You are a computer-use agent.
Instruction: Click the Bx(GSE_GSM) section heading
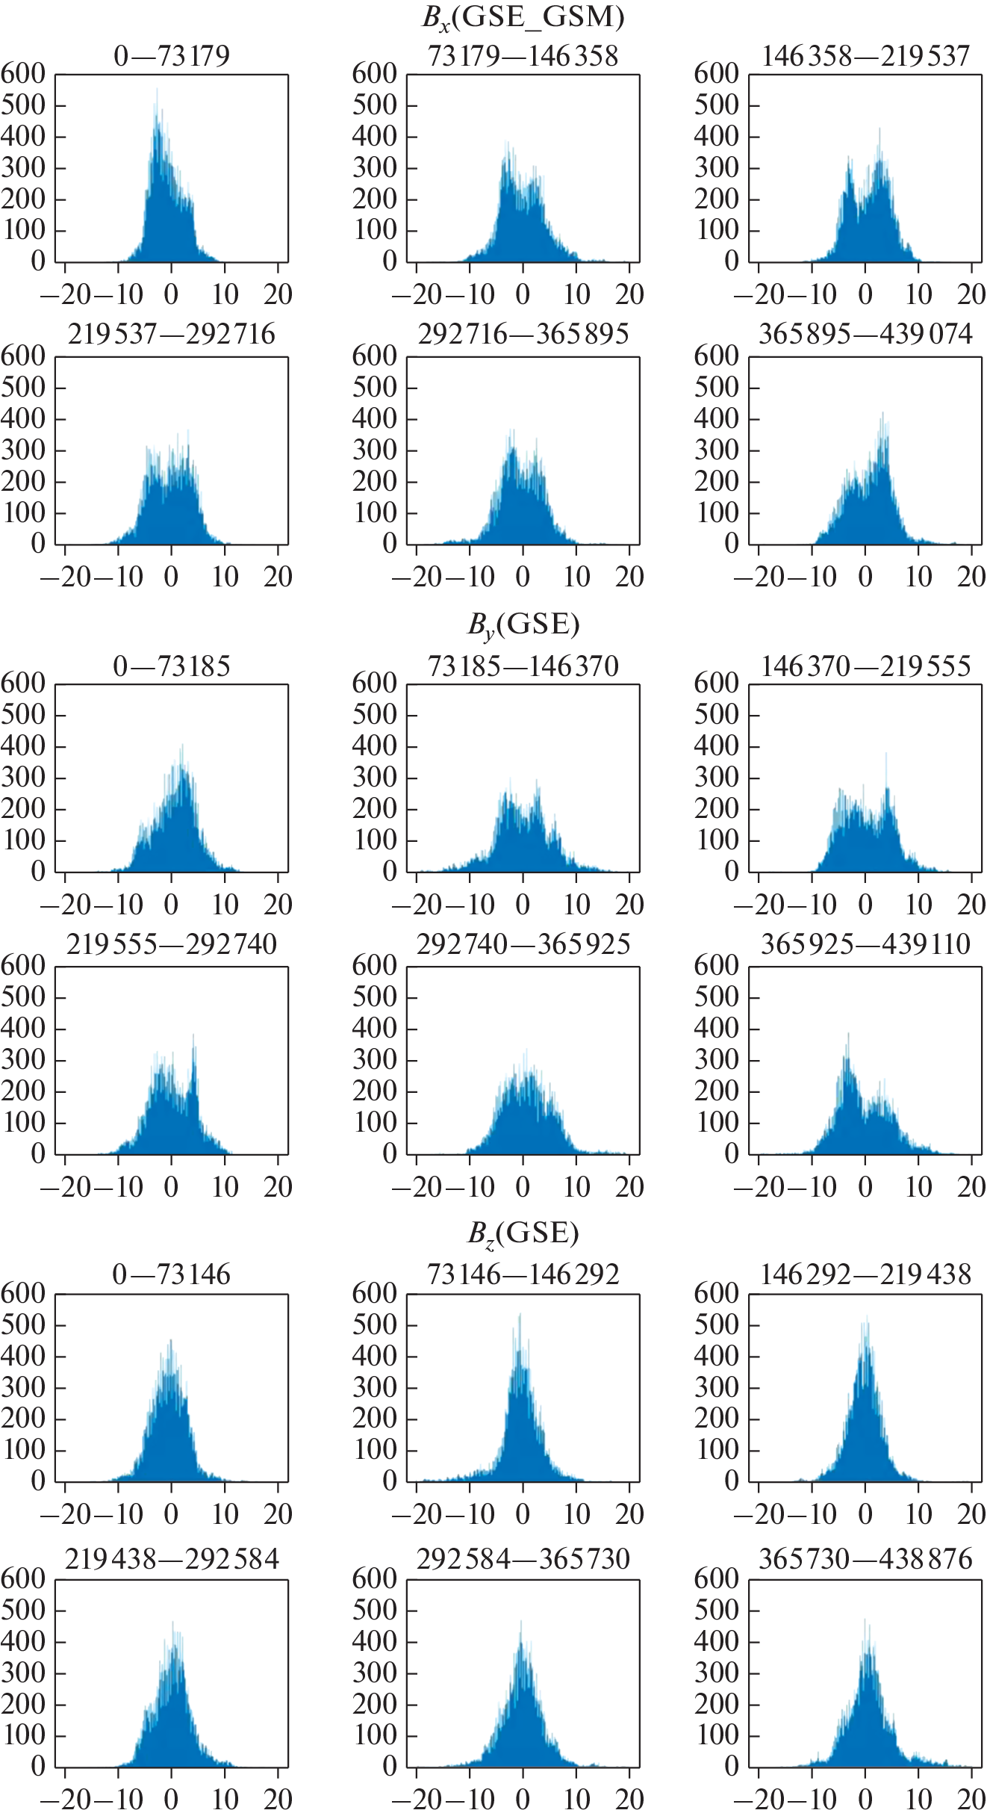point(523,16)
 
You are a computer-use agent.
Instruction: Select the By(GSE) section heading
point(523,625)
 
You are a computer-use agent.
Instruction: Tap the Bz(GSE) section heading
point(523,1233)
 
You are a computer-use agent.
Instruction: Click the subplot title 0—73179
point(172,56)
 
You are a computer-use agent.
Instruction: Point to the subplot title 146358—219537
point(865,56)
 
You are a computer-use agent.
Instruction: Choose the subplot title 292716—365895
point(523,334)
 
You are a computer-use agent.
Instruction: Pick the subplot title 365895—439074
point(865,334)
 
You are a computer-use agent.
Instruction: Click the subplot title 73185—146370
point(523,666)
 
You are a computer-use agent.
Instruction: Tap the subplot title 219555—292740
point(172,944)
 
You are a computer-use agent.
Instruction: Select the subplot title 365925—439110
point(865,944)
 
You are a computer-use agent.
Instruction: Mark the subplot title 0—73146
point(172,1274)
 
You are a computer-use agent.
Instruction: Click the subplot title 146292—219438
point(865,1274)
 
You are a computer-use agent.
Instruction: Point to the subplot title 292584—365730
point(523,1559)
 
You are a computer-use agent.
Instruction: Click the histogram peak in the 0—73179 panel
point(156,90)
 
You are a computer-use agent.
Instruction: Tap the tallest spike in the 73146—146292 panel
point(520,1315)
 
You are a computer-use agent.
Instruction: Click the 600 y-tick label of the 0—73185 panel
point(23,684)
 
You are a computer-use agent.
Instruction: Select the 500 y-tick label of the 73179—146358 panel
point(375,105)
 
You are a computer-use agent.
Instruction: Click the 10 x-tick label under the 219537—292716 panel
point(225,577)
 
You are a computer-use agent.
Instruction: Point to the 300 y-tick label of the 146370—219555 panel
point(717,778)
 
